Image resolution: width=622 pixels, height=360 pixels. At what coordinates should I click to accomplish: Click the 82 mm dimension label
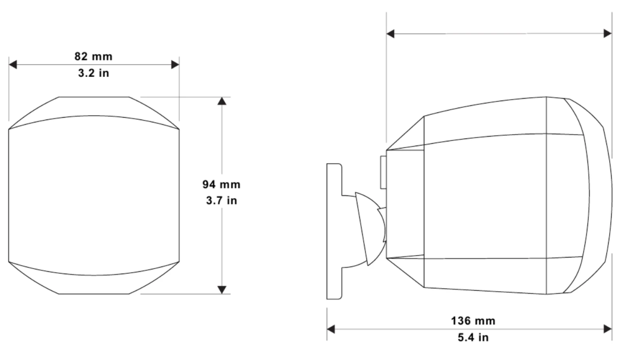93,56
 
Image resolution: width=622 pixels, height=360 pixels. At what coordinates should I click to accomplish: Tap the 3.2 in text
94,73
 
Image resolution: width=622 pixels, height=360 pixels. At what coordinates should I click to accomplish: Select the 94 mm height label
221,184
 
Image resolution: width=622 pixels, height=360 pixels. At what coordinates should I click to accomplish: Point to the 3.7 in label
222,200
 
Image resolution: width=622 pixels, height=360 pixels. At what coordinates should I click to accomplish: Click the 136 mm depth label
473,321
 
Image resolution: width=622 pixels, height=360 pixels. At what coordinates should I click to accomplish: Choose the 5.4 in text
473,337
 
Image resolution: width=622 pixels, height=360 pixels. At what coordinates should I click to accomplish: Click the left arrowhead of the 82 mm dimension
13,65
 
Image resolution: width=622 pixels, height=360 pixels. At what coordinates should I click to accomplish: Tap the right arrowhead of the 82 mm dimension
175,65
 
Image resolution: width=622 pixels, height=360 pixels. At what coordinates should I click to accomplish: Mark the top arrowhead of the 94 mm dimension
222,101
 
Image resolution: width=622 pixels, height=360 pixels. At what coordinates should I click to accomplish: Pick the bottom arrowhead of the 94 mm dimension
222,290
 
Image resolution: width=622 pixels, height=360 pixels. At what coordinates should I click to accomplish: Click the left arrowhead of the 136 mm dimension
331,330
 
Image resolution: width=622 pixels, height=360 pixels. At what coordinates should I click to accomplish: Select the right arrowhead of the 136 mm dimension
608,330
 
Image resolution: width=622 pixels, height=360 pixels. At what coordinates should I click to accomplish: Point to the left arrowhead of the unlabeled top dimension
390,34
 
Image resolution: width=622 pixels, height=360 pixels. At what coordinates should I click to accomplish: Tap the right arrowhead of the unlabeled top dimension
608,34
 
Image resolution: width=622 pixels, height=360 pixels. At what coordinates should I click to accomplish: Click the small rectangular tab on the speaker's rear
383,172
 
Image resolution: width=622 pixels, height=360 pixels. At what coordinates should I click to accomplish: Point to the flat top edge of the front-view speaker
94,97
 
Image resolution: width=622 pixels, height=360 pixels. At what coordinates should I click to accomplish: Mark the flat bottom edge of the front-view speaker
94,294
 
